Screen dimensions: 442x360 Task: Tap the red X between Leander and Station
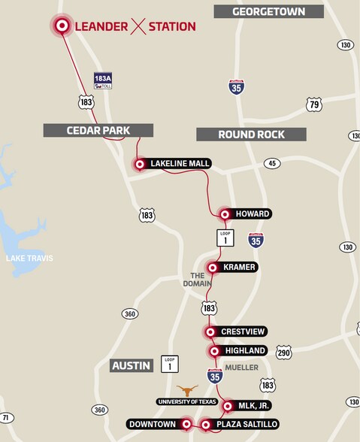[138, 27]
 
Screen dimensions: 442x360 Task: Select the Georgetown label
[268, 11]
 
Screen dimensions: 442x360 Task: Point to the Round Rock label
[251, 135]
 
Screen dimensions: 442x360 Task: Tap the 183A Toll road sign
[103, 81]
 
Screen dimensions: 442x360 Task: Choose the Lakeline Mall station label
[180, 164]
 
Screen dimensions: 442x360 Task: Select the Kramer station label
[240, 268]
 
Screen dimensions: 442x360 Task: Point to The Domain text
[197, 280]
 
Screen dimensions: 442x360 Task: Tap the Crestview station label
[244, 331]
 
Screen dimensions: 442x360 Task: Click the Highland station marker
[211, 351]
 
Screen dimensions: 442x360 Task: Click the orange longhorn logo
[187, 391]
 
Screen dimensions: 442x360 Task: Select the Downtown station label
[153, 425]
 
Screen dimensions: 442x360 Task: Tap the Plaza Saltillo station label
[247, 425]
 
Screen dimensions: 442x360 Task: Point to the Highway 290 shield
[283, 352]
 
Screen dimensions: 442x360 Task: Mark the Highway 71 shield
[7, 418]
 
